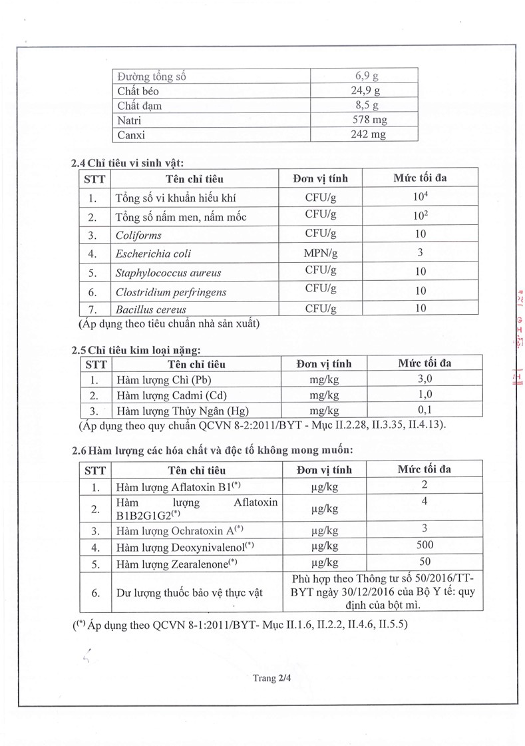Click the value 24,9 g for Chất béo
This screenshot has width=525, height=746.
click(x=364, y=91)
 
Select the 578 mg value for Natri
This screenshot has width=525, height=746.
click(x=364, y=120)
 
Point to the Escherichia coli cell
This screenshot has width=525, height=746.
click(x=153, y=254)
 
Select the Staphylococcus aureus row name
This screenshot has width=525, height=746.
click(x=168, y=273)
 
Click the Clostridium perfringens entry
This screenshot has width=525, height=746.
click(x=171, y=291)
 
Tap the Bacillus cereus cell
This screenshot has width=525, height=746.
click(x=150, y=309)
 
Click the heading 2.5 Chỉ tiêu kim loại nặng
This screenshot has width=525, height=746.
click(x=135, y=349)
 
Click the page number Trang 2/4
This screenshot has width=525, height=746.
click(x=268, y=678)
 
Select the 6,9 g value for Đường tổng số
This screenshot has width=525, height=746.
click(x=364, y=76)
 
